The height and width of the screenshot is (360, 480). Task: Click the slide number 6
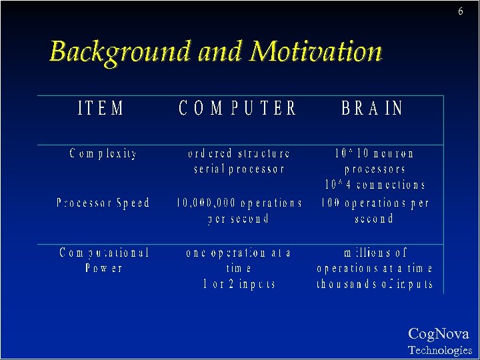(461, 12)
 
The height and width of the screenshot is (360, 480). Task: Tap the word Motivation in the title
(316, 51)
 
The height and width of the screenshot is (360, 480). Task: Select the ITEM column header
(101, 109)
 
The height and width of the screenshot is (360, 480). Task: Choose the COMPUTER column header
(237, 109)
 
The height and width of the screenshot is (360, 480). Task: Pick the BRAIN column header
(372, 109)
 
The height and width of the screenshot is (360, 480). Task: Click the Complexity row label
(104, 153)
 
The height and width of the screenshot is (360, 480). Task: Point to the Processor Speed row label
(103, 203)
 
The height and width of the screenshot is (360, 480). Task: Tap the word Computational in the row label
(104, 253)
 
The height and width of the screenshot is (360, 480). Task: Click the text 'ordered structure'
(239, 153)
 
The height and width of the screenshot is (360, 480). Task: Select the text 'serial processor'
(239, 169)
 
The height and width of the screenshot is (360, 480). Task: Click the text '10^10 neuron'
(375, 153)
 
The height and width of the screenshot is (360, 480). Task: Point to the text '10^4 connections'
(375, 185)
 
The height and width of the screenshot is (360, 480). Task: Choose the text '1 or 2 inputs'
(239, 284)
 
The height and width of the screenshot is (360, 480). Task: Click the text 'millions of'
(375, 253)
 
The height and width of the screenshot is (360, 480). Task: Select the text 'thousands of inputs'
(375, 284)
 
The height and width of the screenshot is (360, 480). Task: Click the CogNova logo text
(438, 334)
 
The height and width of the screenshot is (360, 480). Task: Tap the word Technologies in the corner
(439, 350)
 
